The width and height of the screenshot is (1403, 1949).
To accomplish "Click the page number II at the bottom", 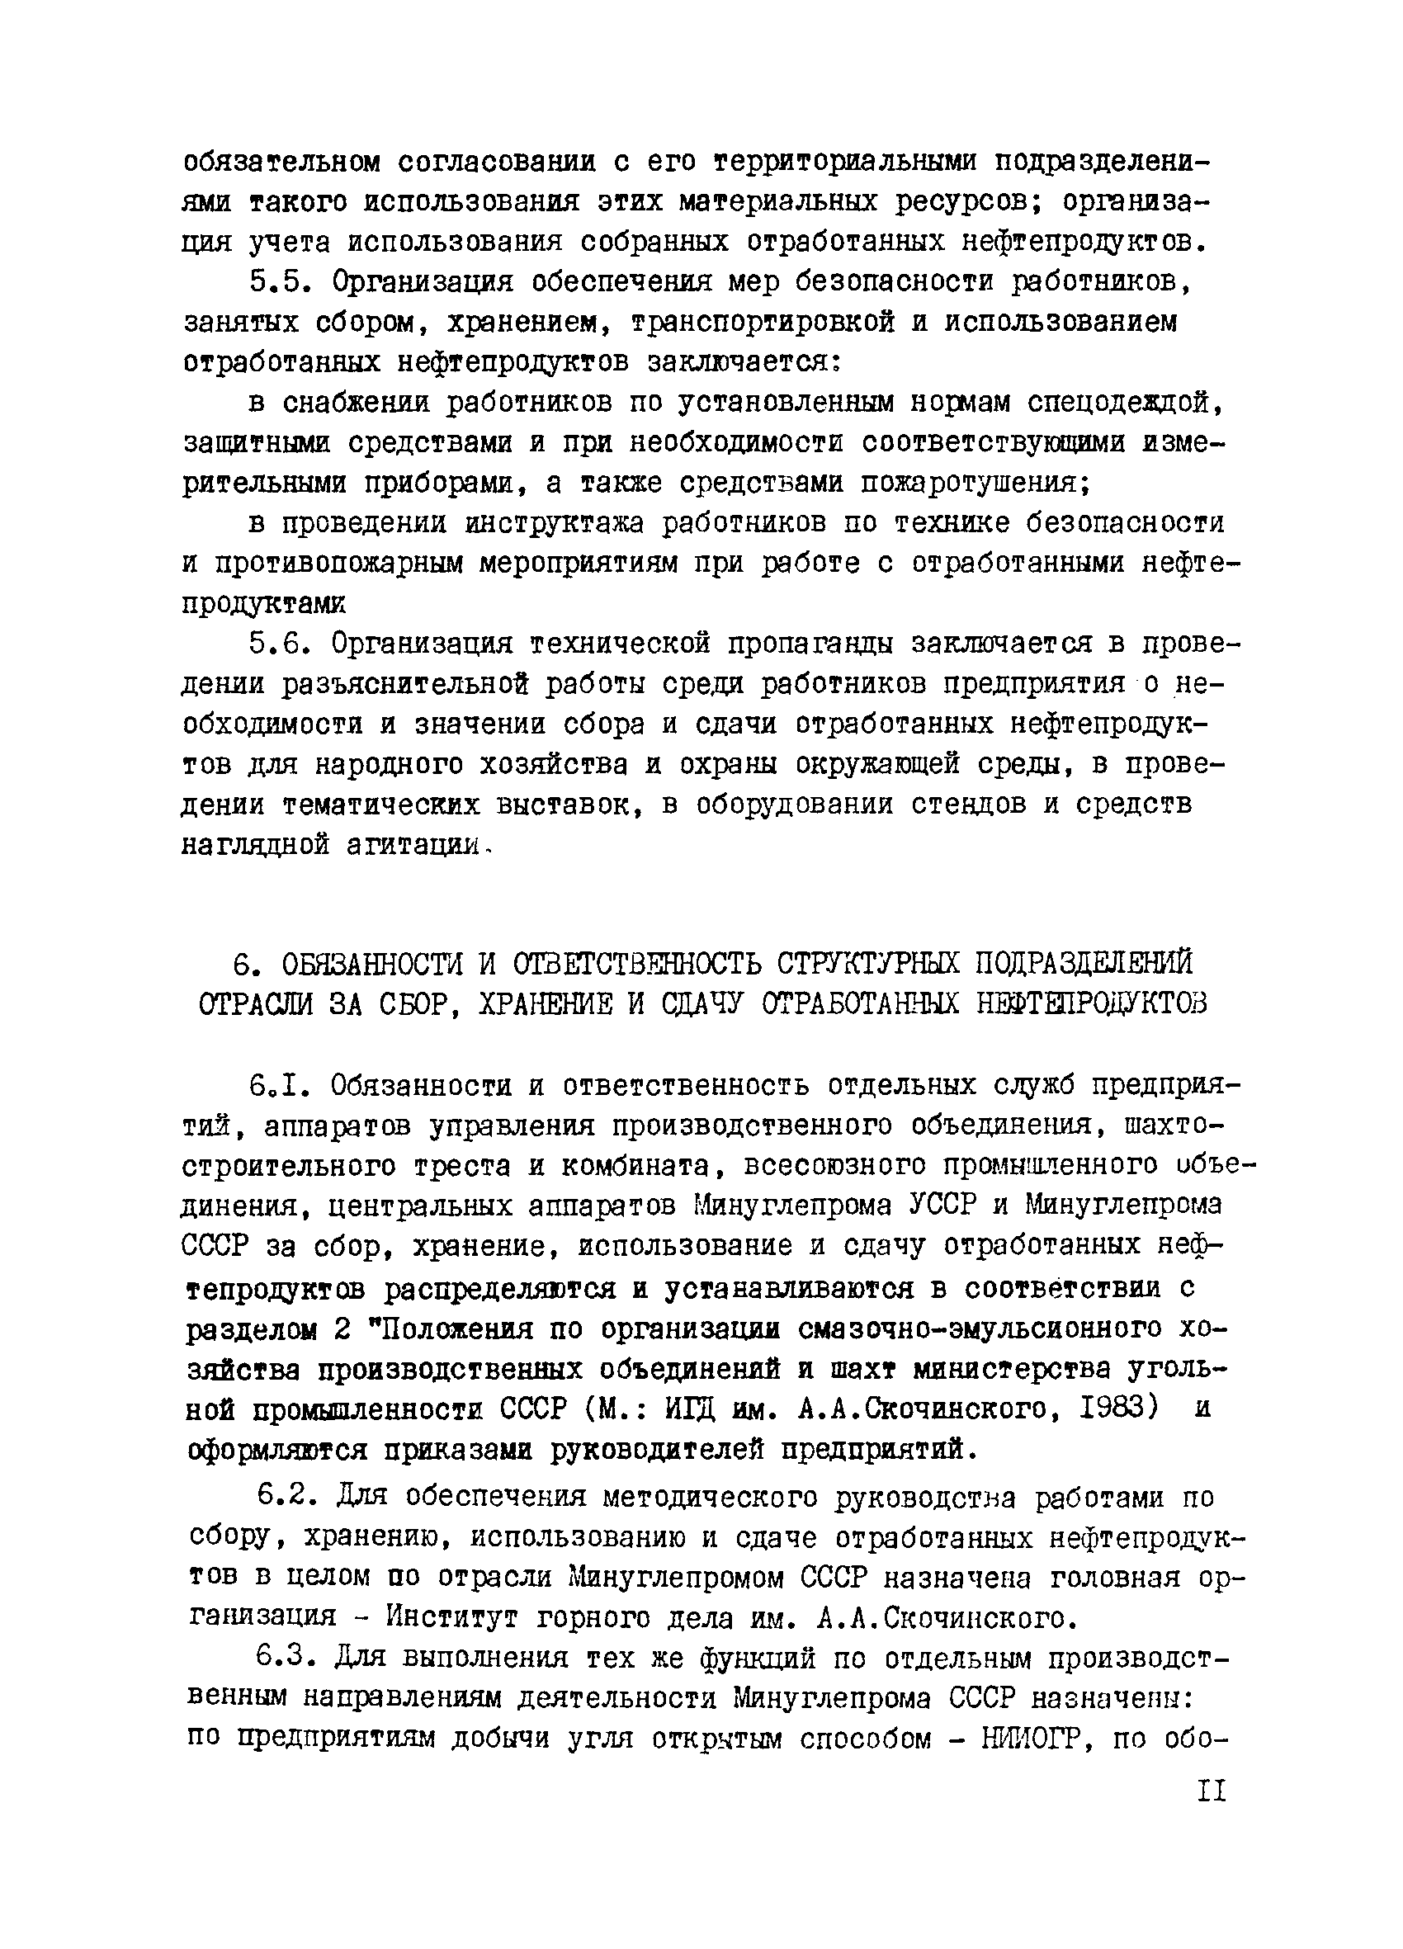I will (x=1212, y=1791).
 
